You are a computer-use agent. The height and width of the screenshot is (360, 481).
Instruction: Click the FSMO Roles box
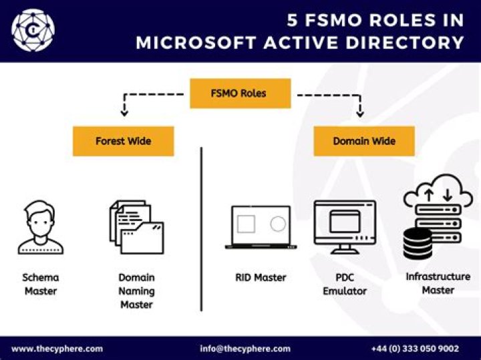[240, 94]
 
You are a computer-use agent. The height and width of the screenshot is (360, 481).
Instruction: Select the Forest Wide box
[123, 142]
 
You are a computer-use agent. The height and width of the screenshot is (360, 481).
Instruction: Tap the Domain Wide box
[364, 142]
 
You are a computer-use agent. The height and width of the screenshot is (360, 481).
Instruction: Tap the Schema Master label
[41, 284]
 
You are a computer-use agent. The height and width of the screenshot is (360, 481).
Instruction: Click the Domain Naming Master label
[136, 291]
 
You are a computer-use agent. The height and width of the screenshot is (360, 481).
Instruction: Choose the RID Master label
[261, 277]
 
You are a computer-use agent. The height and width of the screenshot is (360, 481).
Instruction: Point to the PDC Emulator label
[345, 284]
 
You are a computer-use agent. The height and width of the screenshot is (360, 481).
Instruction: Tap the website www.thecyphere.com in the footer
[57, 349]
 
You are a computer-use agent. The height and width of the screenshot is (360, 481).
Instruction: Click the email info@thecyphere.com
[245, 349]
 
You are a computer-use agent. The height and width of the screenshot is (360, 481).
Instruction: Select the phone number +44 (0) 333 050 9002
[415, 349]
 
